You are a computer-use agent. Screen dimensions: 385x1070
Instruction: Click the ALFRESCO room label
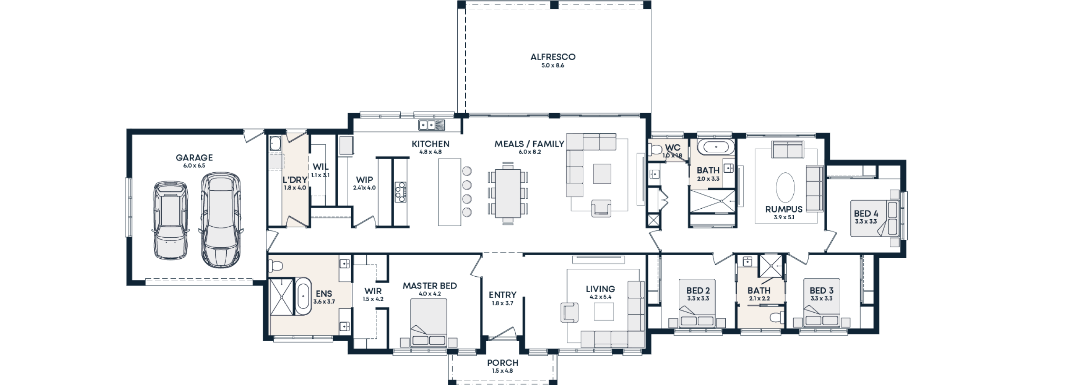tap(553, 57)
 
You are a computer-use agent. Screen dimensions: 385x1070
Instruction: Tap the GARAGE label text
tap(194, 158)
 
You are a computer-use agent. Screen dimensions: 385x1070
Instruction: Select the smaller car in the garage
tap(171, 220)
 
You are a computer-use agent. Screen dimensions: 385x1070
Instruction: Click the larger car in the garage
tap(221, 219)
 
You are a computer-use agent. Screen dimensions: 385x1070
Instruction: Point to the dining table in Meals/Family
tap(508, 193)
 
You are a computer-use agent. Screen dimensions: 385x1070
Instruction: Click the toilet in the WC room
tap(656, 150)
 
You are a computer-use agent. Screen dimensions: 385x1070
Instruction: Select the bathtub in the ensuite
tap(303, 296)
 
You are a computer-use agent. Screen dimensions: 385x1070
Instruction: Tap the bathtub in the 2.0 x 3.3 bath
tap(716, 147)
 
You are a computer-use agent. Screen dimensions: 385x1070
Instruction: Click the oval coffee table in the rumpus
tap(785, 188)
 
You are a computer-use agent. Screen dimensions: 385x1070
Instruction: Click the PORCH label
tap(503, 364)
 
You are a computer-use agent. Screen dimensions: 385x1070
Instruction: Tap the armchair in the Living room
tap(569, 313)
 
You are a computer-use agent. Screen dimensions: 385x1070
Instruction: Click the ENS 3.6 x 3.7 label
tap(324, 297)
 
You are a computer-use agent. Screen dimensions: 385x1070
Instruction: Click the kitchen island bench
tap(450, 192)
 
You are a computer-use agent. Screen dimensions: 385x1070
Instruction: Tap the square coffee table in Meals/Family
tap(602, 173)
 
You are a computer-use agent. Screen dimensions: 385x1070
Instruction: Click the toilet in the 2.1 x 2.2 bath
tap(777, 317)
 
